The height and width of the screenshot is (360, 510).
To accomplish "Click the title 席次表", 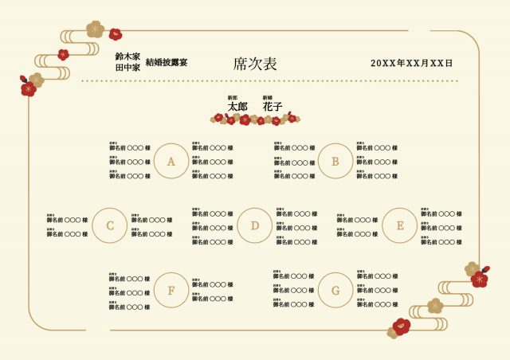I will click(255, 64).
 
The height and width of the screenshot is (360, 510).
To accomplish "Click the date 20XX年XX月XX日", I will click(411, 63).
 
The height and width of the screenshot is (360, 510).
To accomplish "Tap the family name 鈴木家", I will click(127, 57).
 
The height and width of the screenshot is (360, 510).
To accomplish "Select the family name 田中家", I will click(127, 68).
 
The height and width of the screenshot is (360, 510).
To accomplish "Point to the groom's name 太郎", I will click(237, 106).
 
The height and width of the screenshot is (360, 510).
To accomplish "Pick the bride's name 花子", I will click(273, 106).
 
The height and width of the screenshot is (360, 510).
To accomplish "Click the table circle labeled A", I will click(171, 161).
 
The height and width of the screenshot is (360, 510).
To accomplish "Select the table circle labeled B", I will click(335, 161).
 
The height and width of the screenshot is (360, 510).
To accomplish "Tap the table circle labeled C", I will click(110, 225).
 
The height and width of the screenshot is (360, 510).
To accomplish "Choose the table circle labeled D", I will click(254, 225).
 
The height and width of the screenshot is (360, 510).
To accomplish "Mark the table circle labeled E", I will click(400, 225).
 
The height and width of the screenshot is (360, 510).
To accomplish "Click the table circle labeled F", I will click(171, 290).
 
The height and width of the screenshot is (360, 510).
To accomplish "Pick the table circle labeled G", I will click(335, 290).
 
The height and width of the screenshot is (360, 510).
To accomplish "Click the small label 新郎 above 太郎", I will click(233, 97).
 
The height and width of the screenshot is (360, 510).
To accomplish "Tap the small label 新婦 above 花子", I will click(268, 97).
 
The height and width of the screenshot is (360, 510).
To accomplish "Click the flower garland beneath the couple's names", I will click(255, 119).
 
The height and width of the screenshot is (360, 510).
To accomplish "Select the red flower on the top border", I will click(116, 33).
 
